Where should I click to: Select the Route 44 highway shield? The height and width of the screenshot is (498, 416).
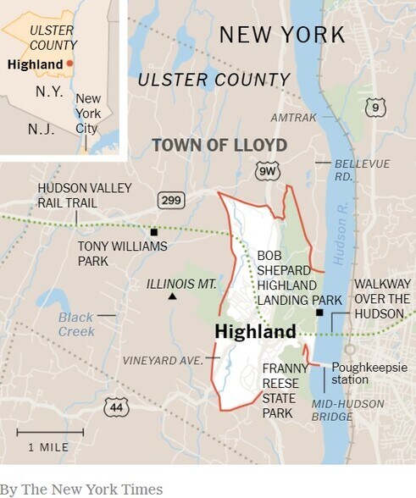coord(116,407)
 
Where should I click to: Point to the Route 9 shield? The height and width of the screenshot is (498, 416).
coord(375,108)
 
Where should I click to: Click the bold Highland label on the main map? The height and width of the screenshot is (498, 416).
coord(255,331)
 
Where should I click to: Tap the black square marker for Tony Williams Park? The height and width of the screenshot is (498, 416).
coord(154,231)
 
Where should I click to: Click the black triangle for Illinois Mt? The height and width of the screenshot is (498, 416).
coord(172,296)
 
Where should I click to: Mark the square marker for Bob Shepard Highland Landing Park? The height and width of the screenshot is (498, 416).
coord(319,313)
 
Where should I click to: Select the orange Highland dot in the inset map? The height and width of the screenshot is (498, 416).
coord(70,64)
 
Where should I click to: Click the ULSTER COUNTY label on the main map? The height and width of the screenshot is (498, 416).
coord(214,80)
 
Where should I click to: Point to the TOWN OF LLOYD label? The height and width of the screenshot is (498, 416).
coord(219,145)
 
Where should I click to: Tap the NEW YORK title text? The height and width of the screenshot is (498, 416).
coord(282,35)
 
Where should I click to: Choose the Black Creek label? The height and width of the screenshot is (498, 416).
coord(75,324)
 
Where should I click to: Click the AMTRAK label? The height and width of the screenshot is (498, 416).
coord(293,118)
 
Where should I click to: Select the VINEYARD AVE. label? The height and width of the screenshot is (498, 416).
coord(163,360)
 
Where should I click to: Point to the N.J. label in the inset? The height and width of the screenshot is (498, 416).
coord(41,130)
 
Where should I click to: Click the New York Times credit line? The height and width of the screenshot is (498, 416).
coord(81,489)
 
